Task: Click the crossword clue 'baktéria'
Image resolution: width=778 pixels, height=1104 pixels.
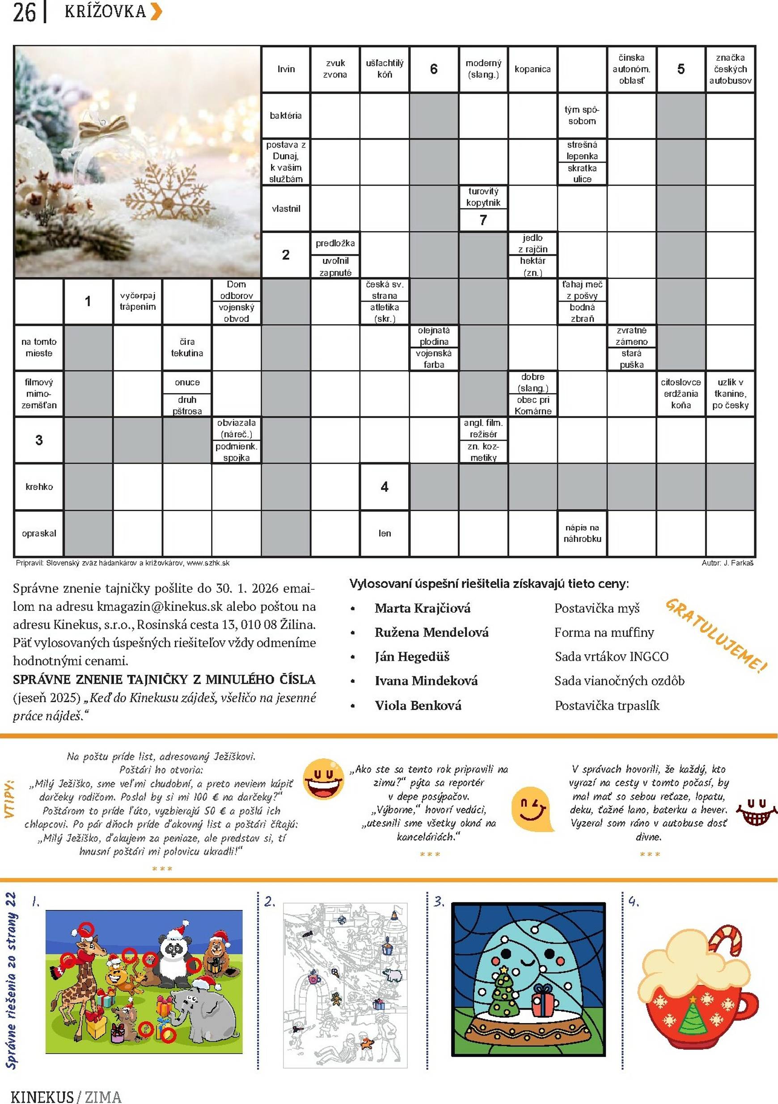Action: click(286, 115)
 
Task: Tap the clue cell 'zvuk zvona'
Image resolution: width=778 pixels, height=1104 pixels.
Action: click(335, 69)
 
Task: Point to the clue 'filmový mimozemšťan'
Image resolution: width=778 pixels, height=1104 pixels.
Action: click(39, 393)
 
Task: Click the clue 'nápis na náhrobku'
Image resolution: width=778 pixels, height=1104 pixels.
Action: click(582, 533)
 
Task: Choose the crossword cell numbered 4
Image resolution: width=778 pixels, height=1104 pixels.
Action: click(384, 486)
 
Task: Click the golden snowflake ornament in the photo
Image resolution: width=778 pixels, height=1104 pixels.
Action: click(166, 197)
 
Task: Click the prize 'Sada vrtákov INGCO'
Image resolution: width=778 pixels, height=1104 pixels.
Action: click(611, 656)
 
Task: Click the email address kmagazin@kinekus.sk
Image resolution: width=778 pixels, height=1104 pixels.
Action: click(160, 606)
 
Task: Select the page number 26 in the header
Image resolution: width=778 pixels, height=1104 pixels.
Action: click(24, 13)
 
